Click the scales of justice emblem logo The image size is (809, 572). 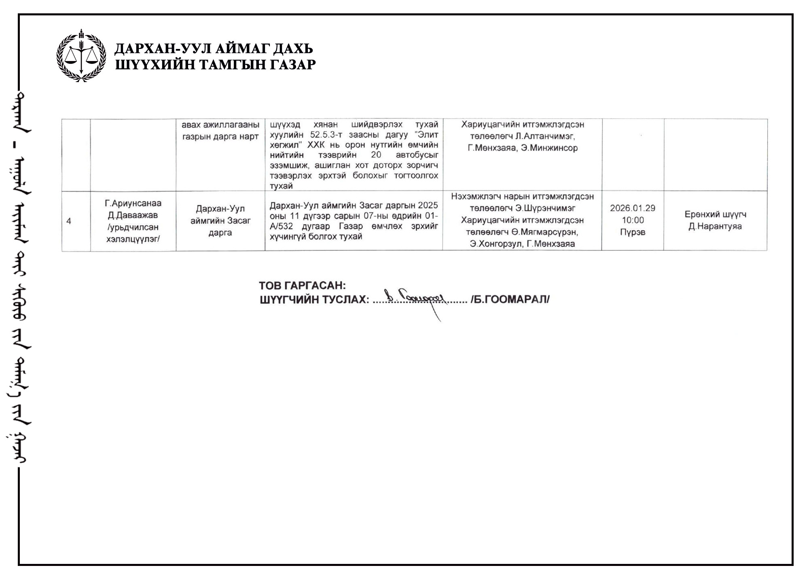(x=81, y=56)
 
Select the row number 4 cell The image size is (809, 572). (x=69, y=221)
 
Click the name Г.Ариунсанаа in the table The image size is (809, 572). (x=133, y=203)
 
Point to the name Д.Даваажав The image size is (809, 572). (x=133, y=215)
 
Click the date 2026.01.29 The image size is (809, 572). (x=632, y=208)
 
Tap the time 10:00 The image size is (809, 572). (x=632, y=220)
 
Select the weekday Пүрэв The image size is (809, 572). (x=632, y=232)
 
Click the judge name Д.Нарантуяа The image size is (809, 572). (x=715, y=227)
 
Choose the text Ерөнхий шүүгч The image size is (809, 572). (x=715, y=214)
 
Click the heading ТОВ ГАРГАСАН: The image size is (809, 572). (x=302, y=286)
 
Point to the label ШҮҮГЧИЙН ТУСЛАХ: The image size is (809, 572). (x=314, y=300)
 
